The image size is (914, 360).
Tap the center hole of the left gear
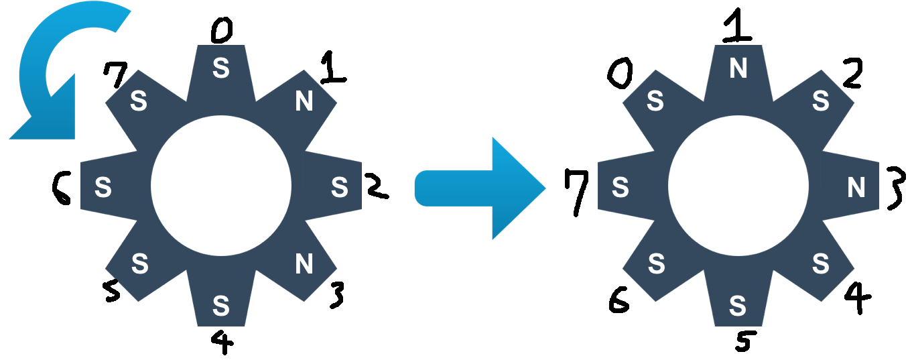pos(221,186)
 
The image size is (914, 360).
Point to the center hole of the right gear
pos(738,186)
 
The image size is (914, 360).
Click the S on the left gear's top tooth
pos(221,68)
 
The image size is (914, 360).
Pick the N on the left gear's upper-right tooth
pos(304,102)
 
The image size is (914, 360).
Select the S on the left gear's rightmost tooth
pos(340,188)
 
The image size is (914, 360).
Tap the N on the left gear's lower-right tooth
pos(304,265)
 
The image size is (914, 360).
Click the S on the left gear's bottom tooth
pos(221,306)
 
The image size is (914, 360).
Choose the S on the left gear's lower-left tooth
pos(139,265)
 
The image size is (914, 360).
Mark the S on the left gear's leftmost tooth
pos(103,188)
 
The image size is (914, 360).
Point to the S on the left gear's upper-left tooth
pos(139,102)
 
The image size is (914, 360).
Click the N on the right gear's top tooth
pos(738,68)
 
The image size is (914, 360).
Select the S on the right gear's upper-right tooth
pos(821,102)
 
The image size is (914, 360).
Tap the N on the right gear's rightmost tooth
pos(856,188)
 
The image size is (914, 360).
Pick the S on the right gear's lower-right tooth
pos(821,265)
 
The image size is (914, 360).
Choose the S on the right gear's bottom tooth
pos(738,306)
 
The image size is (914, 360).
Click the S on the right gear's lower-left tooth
pos(657,265)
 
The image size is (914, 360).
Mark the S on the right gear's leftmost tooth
pos(621,188)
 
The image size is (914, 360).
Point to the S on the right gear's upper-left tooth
pos(655,102)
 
